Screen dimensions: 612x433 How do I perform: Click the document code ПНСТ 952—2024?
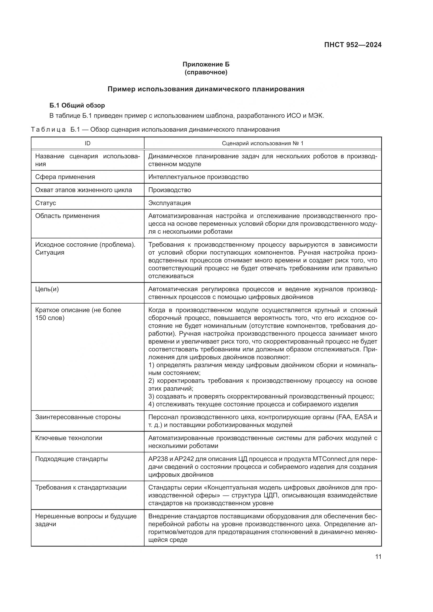tap(352, 45)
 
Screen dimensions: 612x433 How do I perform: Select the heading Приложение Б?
tap(206, 64)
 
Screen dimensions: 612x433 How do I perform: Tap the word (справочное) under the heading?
tap(206, 72)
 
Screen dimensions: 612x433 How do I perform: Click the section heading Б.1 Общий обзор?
tap(77, 105)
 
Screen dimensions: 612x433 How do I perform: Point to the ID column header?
tap(87, 143)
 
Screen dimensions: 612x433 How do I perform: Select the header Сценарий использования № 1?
tap(262, 143)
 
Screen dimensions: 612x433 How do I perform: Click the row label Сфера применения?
tap(65, 177)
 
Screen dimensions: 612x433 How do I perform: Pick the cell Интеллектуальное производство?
tap(198, 177)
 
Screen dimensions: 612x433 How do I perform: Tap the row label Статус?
tap(46, 203)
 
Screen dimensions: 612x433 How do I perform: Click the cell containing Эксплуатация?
tap(169, 203)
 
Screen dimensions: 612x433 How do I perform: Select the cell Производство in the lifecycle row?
tap(170, 190)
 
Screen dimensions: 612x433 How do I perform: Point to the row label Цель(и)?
tap(47, 289)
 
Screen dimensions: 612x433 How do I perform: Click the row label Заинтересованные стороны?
tap(78, 417)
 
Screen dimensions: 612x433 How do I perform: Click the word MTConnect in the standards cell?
tap(330, 459)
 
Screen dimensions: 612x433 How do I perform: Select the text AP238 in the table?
tap(158, 459)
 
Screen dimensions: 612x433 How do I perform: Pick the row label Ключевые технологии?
tap(69, 438)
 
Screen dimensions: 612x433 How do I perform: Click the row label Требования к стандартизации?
tap(81, 487)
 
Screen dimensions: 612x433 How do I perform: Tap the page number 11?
tap(378, 557)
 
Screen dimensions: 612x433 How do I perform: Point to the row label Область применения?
tap(67, 216)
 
